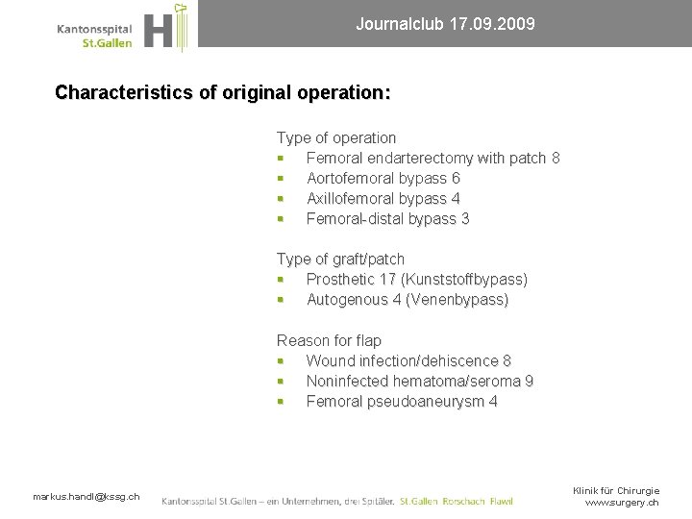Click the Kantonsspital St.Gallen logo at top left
(121, 29)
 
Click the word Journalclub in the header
(394, 23)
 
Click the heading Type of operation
(336, 138)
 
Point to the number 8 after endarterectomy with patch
(556, 159)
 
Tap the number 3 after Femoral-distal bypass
(465, 219)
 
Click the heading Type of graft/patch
(340, 259)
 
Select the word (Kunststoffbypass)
(464, 280)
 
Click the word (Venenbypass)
(457, 300)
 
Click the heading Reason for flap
(329, 341)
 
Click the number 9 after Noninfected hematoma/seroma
(529, 382)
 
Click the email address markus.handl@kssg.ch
(86, 496)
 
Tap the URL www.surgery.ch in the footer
(622, 503)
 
